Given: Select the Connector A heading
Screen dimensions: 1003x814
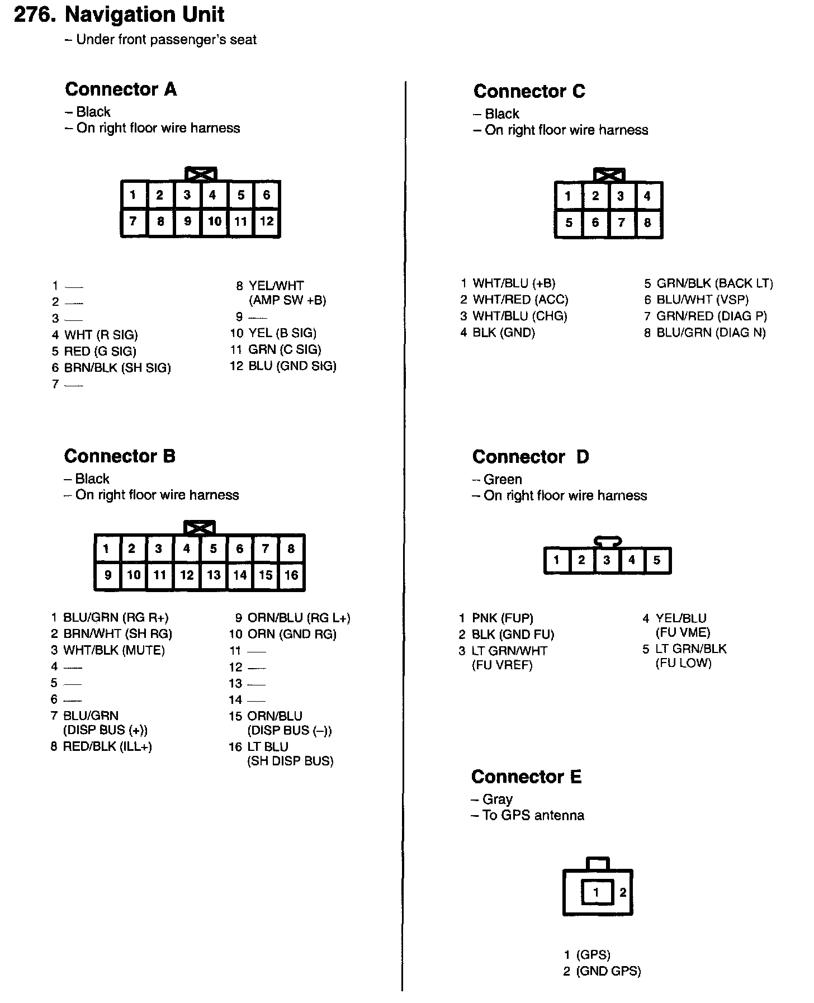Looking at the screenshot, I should coord(121,89).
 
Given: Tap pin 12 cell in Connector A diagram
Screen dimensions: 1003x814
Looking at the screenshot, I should coord(267,221).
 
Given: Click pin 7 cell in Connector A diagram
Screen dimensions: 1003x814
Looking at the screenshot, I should coord(133,221).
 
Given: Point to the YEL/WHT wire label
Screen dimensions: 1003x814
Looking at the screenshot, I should coord(276,286).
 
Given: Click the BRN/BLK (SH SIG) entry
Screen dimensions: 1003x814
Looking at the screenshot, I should coord(117,368).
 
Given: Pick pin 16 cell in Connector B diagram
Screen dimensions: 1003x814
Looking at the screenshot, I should coord(291,575).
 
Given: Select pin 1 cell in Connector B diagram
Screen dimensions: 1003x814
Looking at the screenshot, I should coord(106,548).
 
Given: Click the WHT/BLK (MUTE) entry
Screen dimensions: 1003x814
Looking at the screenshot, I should coord(114,650).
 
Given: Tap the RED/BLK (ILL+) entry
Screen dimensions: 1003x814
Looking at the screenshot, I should coord(107,747).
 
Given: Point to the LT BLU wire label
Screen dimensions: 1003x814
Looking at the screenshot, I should coord(268,747).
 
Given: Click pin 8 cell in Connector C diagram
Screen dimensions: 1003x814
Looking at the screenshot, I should coord(647,223).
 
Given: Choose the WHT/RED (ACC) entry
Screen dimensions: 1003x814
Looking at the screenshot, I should coord(520,300).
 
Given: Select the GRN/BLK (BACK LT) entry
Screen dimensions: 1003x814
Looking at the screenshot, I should coord(714,283).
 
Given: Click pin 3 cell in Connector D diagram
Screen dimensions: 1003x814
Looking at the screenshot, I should coord(607,560).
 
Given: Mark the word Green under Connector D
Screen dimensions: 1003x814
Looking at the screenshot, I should coord(503,480).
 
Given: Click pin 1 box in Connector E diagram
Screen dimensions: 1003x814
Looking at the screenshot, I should coord(597,892).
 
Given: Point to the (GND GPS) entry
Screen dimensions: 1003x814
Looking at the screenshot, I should coord(608,971).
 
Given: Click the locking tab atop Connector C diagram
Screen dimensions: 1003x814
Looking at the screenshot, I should coord(609,175).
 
